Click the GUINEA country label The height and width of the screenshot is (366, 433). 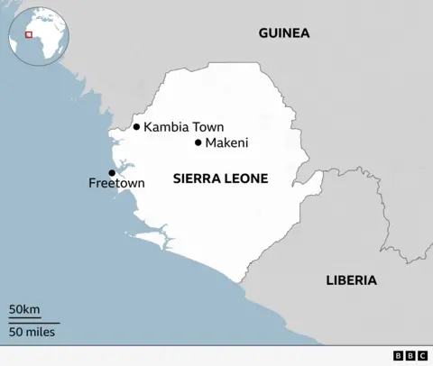point(284,33)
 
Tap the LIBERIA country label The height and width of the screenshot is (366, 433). point(351,280)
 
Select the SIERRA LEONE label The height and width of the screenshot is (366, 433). point(220,178)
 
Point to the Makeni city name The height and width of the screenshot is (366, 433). point(226,142)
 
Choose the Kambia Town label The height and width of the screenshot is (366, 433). point(184,127)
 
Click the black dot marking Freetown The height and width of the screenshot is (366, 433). point(112,172)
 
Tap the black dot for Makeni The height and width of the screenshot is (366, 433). point(198,142)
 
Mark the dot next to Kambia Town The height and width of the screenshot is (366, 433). point(136,127)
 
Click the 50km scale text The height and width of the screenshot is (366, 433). point(24,310)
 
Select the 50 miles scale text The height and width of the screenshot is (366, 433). point(32,332)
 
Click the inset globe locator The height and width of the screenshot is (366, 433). point(32,33)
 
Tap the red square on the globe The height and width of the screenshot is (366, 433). point(28,35)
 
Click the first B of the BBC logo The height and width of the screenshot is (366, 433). point(400,356)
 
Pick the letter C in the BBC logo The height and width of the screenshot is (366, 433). point(421,356)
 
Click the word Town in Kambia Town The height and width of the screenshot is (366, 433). point(207,127)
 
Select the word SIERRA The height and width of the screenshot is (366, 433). point(195,178)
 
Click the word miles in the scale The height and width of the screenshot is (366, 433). point(41,332)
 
